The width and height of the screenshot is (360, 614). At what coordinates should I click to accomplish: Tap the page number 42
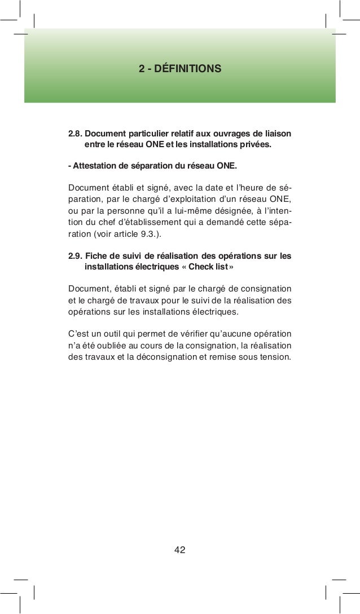179,550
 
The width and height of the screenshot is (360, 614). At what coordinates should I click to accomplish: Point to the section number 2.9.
75,256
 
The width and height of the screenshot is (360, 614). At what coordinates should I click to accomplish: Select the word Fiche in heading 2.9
95,256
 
